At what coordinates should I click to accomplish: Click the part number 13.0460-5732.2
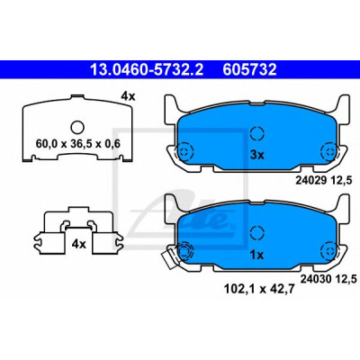[x=147, y=69]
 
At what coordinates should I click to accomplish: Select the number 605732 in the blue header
[x=249, y=69]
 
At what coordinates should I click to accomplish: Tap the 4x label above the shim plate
[x=128, y=96]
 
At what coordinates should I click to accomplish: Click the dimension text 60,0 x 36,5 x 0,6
[x=78, y=144]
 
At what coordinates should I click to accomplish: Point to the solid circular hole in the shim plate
[x=77, y=127]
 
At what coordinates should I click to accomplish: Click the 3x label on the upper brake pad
[x=256, y=155]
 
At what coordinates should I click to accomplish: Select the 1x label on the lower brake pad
[x=256, y=255]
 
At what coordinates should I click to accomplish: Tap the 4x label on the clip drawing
[x=78, y=244]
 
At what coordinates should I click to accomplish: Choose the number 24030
[x=316, y=279]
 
